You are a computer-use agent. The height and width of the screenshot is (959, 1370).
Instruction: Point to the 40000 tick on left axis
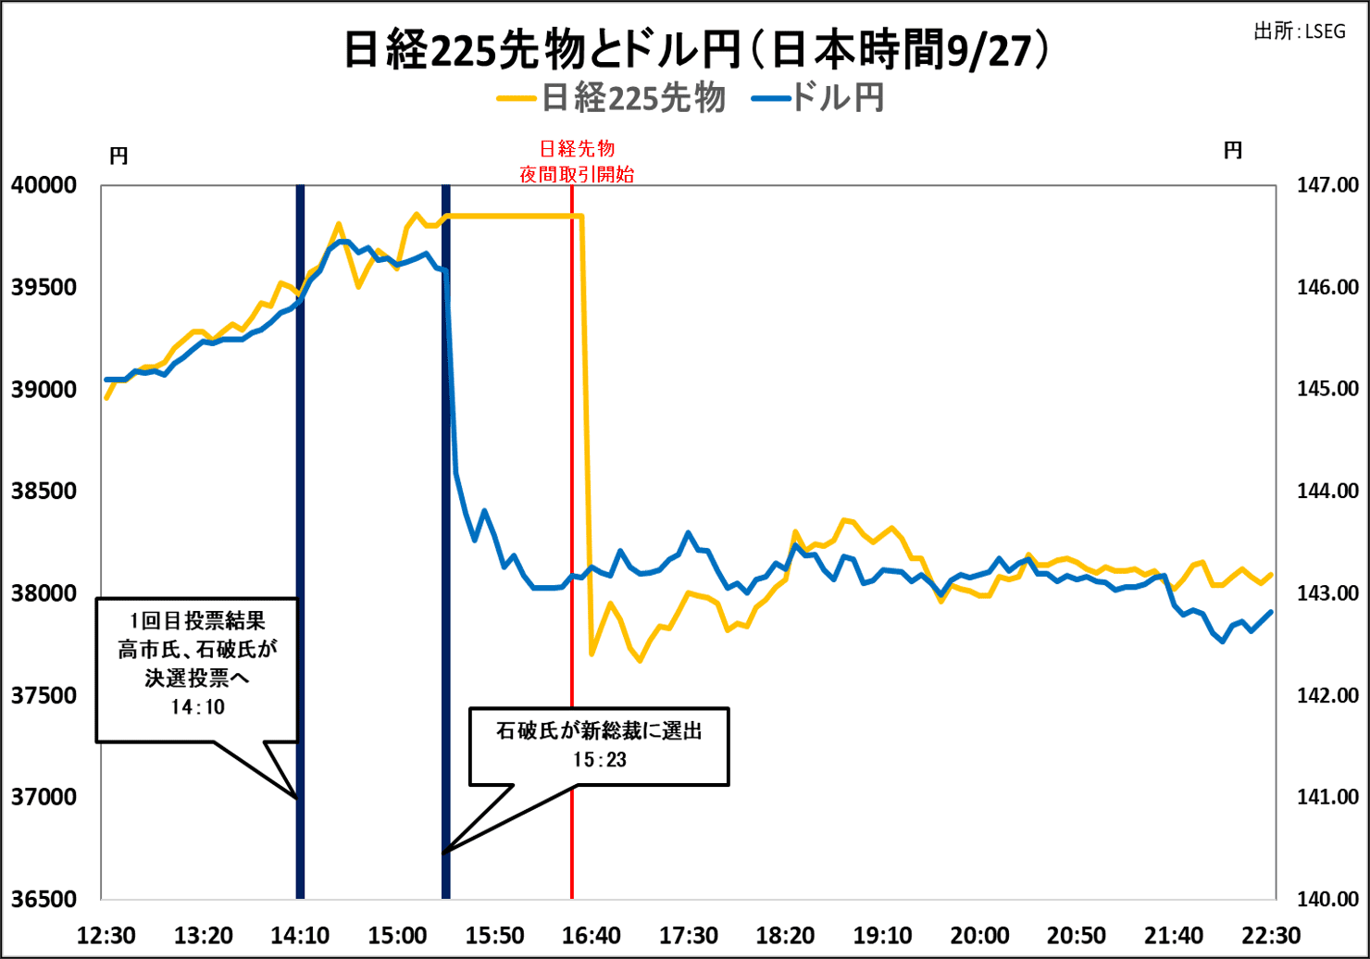click(44, 186)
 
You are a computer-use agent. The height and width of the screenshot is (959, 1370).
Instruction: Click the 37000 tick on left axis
click(44, 797)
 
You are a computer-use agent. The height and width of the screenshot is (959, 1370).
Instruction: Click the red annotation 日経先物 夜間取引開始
click(577, 161)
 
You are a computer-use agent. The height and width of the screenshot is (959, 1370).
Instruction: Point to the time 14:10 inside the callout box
click(197, 707)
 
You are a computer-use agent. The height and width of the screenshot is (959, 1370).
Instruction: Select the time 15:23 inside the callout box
click(600, 760)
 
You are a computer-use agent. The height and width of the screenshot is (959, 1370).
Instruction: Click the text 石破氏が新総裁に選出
click(600, 731)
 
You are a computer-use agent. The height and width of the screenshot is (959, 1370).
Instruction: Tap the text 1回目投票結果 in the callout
click(197, 621)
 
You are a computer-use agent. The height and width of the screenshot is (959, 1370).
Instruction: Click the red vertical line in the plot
click(572, 463)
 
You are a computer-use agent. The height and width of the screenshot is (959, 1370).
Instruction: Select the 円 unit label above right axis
click(1233, 151)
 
